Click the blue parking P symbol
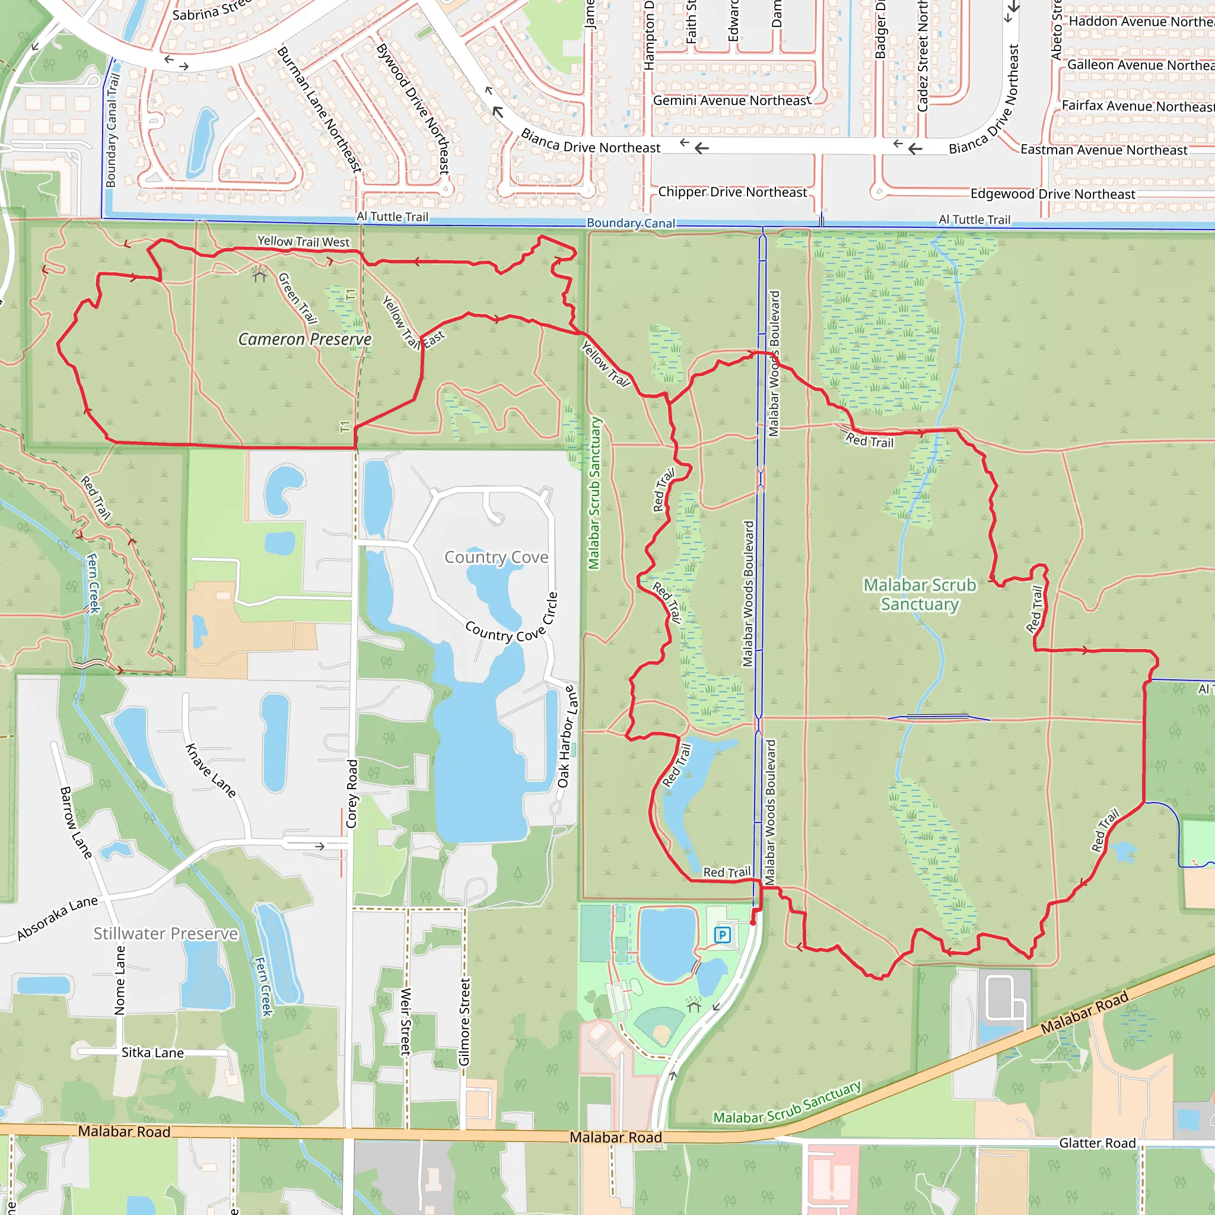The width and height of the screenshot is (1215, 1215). click(x=722, y=934)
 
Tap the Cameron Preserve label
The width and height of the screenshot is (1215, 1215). click(x=304, y=339)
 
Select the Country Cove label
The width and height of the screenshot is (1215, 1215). click(x=496, y=557)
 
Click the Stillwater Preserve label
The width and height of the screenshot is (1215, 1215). click(x=166, y=933)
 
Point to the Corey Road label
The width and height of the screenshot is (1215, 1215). click(x=352, y=794)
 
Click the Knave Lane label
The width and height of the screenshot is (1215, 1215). click(x=211, y=771)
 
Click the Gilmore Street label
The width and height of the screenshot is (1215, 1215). click(x=464, y=1022)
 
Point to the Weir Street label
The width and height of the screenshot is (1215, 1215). click(x=406, y=1022)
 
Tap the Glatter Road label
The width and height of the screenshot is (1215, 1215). click(x=1098, y=1143)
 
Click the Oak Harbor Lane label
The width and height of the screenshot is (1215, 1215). click(x=566, y=736)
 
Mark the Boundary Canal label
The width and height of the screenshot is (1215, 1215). click(x=631, y=223)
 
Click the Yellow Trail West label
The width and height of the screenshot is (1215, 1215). click(x=303, y=241)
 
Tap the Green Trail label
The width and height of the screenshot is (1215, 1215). click(x=297, y=297)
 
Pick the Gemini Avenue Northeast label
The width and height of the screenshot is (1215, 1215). click(x=732, y=101)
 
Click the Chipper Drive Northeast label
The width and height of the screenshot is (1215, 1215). click(x=732, y=192)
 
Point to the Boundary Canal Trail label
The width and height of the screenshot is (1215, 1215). click(x=112, y=131)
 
